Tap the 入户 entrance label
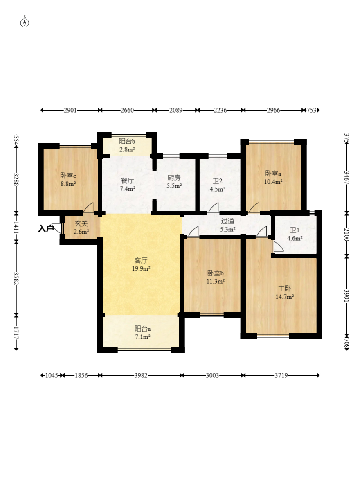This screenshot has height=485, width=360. [x=46, y=228]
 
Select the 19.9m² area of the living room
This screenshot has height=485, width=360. [x=141, y=269]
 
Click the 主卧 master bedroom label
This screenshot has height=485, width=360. [x=284, y=289]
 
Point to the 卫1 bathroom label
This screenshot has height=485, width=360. [x=295, y=230]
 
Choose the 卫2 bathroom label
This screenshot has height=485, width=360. [x=217, y=181]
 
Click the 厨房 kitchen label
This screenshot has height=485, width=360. [x=174, y=178]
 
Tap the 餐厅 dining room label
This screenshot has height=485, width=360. [x=127, y=180]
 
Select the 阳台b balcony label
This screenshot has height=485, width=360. [x=127, y=142]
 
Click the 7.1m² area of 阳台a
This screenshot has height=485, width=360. [x=143, y=337]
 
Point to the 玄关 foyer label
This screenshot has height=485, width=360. [x=81, y=223]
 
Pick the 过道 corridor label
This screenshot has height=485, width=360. [x=227, y=221]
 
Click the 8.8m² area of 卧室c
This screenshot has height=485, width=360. [x=68, y=184]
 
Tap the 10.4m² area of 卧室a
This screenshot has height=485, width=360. [x=273, y=182]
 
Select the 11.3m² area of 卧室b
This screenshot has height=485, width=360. [x=216, y=281]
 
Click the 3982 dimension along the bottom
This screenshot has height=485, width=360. [x=141, y=375]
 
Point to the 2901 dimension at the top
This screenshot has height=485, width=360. [x=70, y=110]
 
